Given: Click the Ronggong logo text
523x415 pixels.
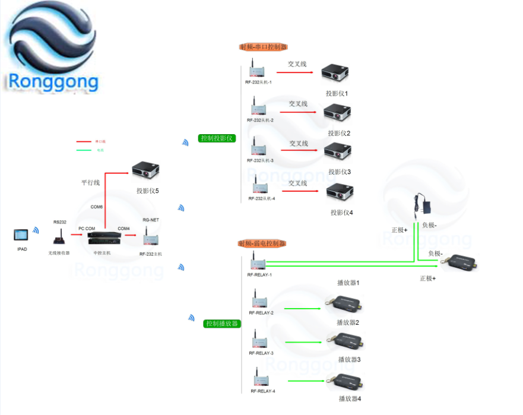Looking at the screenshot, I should coord(53,81).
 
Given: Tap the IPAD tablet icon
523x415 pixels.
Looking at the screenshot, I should coord(21,235).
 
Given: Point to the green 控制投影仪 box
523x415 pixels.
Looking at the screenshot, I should coord(217,138).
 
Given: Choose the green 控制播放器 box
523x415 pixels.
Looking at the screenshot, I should coord(222,324).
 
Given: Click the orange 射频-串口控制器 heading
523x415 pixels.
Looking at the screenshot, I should coord(263,46).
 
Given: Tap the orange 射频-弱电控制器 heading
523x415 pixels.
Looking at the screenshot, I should coord(262,243).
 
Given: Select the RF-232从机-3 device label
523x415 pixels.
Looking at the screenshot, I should coord(260,160).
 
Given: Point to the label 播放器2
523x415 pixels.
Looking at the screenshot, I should coord(348,322).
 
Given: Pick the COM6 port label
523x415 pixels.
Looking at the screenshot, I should coord(97,207).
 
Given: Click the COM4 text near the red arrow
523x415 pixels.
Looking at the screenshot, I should coord(123,229).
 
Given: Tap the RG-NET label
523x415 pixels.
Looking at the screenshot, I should coord(150,220).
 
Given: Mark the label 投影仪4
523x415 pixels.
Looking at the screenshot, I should coord(342,213).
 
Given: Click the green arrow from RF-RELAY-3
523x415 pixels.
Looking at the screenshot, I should coord(306,342).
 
